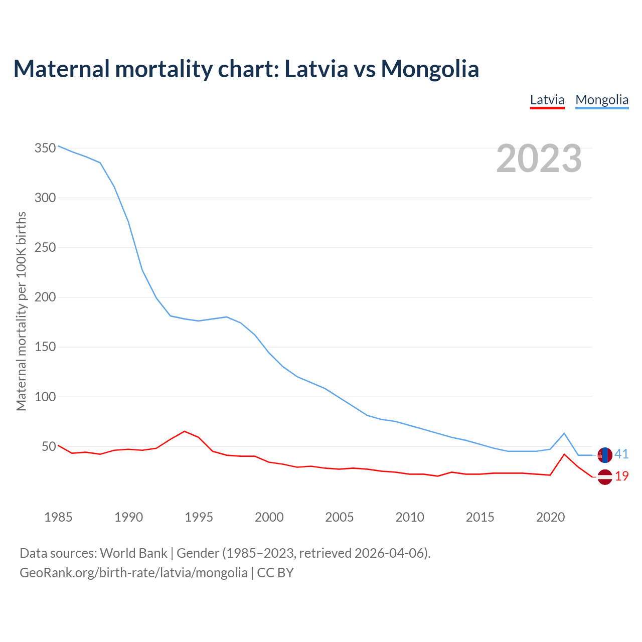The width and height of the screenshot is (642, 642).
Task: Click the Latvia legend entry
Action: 547,100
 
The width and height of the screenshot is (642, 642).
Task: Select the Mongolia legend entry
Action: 602,100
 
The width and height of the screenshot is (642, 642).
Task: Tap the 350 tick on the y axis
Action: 45,148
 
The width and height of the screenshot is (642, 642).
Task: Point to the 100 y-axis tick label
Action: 45,397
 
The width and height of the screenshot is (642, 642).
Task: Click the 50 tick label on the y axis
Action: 48,446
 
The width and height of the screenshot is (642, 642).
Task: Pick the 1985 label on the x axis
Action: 58,517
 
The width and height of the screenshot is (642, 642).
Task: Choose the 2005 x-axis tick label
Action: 340,517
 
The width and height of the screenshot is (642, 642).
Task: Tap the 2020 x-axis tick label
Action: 550,517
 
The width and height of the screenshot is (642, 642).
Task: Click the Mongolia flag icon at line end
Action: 605,455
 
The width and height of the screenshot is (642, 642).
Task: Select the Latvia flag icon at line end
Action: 605,477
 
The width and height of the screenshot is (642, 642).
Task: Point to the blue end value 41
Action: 621,454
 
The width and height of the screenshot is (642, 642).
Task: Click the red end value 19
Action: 622,476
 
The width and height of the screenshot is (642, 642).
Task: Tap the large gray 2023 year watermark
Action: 539,158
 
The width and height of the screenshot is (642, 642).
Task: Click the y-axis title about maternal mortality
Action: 21,311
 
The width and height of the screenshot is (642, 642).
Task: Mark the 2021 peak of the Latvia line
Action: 564,454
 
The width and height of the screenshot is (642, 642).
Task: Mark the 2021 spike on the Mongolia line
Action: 564,433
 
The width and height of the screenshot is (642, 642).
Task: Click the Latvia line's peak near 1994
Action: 185,431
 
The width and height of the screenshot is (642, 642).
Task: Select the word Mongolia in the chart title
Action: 430,69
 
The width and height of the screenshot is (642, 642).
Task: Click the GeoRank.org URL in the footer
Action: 133,573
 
